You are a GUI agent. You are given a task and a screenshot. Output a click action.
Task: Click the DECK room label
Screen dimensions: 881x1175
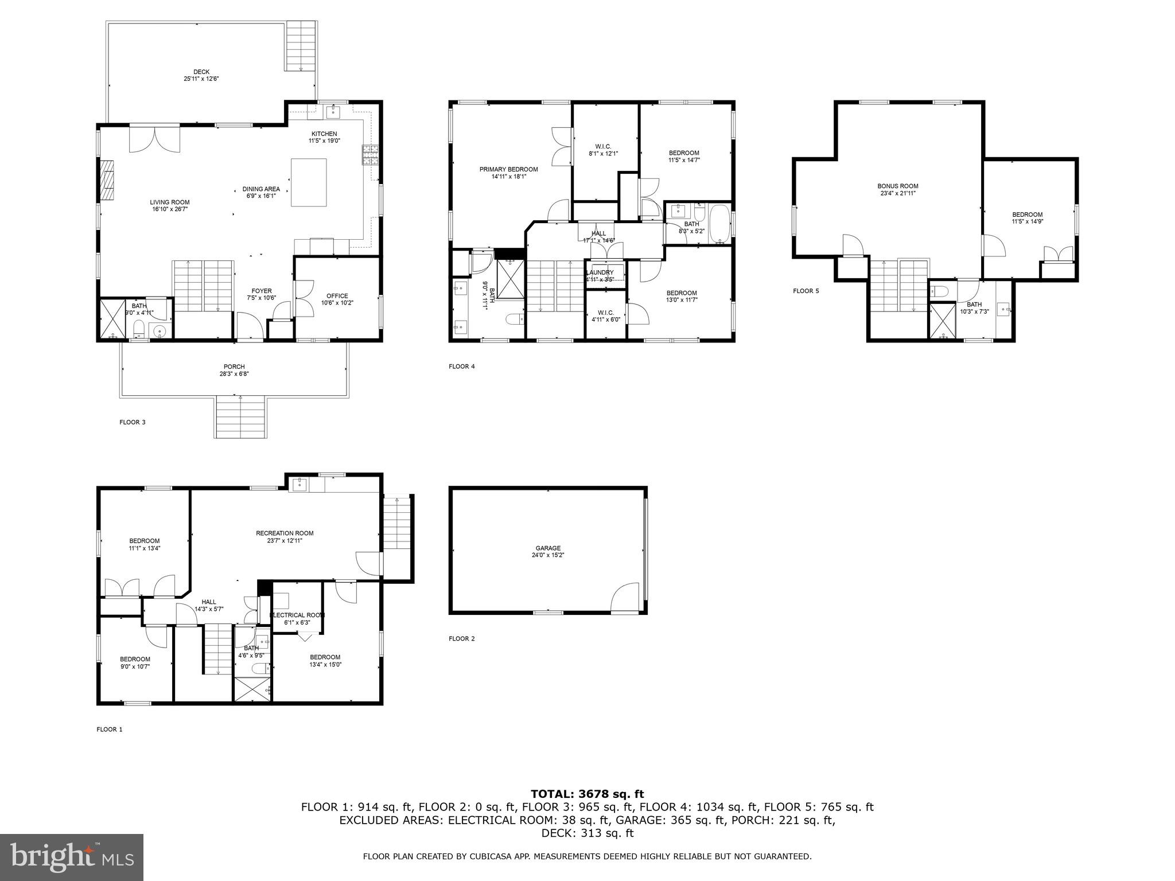tap(201, 72)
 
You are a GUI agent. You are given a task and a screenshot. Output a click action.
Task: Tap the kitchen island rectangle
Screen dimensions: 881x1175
tap(309, 182)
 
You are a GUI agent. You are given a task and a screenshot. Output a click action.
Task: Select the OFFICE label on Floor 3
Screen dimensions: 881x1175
tap(337, 296)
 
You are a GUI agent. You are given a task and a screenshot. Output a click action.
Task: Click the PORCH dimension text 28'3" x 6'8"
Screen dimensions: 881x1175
tap(234, 374)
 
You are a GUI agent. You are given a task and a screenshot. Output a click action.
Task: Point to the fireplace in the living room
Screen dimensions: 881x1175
tap(107, 180)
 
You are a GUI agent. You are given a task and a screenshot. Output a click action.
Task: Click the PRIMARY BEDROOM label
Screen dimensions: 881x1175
tap(508, 169)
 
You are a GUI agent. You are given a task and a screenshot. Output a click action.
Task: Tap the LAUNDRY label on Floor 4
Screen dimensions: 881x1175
tap(600, 272)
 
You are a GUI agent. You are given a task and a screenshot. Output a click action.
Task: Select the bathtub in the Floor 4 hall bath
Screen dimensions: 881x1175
tap(719, 225)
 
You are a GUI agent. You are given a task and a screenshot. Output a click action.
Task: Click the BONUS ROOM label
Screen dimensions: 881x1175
tap(897, 186)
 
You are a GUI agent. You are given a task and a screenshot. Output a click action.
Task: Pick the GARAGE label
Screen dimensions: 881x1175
tap(548, 548)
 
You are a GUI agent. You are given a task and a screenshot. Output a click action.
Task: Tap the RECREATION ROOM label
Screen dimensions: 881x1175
tap(285, 533)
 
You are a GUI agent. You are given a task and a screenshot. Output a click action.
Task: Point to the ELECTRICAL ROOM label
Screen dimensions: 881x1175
tap(297, 615)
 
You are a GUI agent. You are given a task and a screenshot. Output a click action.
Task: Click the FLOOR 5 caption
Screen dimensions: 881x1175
tap(806, 291)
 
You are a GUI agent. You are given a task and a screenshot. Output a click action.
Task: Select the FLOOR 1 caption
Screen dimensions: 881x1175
tap(109, 730)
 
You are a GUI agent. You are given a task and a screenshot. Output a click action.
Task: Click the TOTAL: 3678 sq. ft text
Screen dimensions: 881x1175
tap(587, 794)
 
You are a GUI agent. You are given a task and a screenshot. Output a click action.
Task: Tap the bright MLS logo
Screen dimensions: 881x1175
tap(72, 857)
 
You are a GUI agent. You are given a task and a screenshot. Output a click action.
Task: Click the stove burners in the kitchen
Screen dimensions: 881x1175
tap(370, 155)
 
